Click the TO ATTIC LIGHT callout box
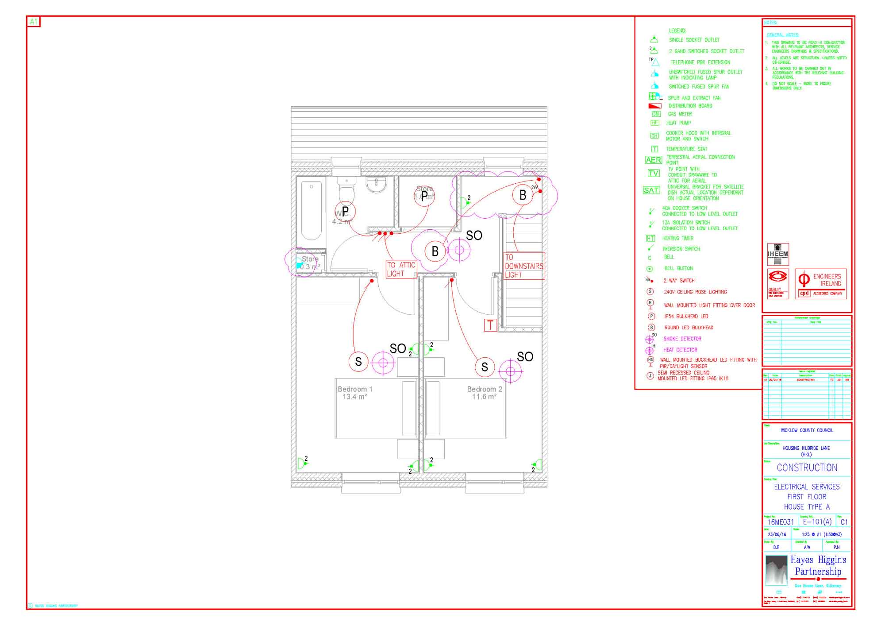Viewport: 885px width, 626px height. [x=401, y=269]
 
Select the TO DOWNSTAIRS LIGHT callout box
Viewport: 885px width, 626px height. [x=523, y=266]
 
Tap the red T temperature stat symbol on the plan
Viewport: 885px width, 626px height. [x=490, y=325]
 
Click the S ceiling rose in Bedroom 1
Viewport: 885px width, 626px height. [x=358, y=362]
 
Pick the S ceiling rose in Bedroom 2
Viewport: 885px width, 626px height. [x=485, y=367]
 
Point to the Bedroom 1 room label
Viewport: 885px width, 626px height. [x=355, y=393]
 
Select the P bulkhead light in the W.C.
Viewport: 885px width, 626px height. [x=345, y=211]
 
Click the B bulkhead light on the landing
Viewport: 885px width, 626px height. [x=435, y=251]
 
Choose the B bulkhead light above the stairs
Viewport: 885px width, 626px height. [x=523, y=195]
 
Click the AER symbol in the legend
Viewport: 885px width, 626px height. [x=653, y=160]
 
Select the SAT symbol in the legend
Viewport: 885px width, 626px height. [x=651, y=190]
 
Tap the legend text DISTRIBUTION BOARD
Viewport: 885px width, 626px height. [x=690, y=106]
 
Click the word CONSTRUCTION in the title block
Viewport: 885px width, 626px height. [x=807, y=468]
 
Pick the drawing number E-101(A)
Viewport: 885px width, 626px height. [x=817, y=522]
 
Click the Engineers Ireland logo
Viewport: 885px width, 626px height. [x=821, y=284]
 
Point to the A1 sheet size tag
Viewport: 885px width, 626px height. [x=34, y=22]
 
